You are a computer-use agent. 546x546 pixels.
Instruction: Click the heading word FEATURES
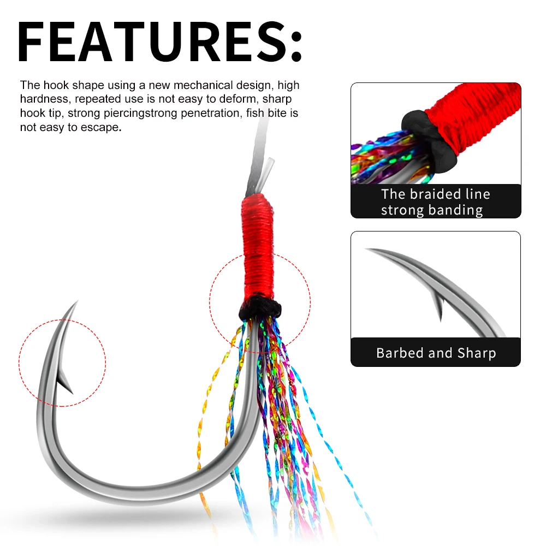coord(152,42)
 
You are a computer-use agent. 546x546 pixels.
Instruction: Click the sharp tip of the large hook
coord(78,300)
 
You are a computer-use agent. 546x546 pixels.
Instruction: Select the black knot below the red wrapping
coord(260,308)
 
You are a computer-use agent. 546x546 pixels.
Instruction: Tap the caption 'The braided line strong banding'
coord(435,202)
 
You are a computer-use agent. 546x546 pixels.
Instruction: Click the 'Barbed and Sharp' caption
coord(436,353)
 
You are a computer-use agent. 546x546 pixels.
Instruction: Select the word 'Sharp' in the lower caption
coord(477,353)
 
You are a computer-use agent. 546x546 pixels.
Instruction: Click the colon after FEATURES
coord(295,46)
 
